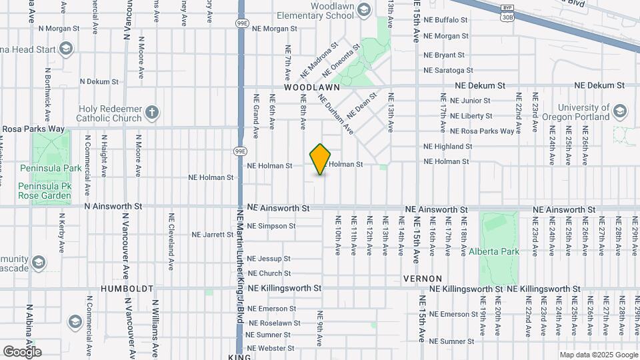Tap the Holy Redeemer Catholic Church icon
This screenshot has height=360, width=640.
coord(152,113)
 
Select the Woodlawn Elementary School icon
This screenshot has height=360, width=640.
coord(363,9)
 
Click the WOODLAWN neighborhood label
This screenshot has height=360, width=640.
coord(312,87)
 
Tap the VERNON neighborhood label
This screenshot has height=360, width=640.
coord(423,278)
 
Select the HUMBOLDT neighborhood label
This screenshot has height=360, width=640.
coord(127,289)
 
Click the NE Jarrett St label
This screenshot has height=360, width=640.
coord(212,235)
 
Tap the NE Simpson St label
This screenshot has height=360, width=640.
coord(271,226)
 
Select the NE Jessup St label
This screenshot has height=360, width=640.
coord(269,259)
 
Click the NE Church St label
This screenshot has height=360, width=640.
coord(269,273)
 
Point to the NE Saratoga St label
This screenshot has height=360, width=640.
coord(448,70)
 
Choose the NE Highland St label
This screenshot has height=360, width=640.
coord(448,147)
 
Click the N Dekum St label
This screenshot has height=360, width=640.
coord(99,81)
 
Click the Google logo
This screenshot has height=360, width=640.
coord(22,351)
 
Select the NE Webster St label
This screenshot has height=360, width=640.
coord(271,348)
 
